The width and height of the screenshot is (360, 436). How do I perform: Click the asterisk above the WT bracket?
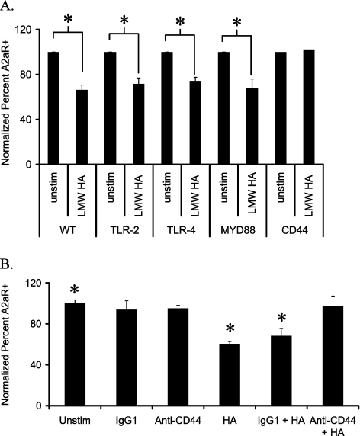pos(69,15)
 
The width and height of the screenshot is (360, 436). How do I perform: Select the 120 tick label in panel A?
pos(29,30)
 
